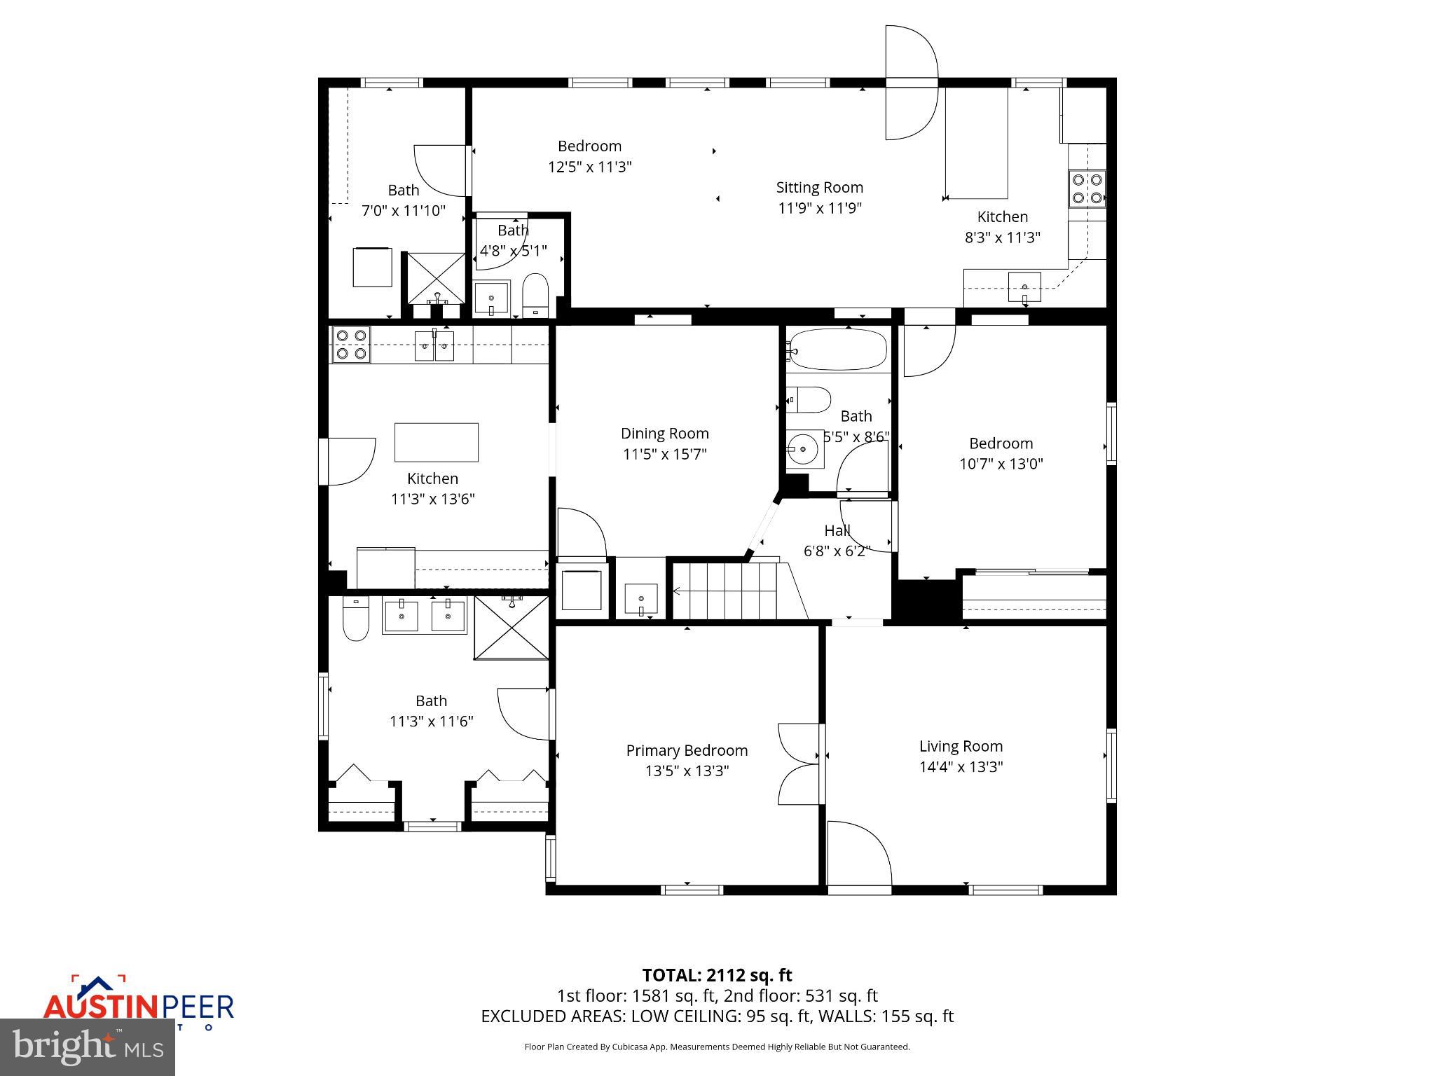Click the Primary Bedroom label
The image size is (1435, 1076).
[687, 750]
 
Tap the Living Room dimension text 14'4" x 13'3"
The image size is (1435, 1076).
[961, 766]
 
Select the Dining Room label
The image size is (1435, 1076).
[664, 433]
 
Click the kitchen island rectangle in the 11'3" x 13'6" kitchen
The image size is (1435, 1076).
[436, 442]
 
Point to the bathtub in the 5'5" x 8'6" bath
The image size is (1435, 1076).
[837, 349]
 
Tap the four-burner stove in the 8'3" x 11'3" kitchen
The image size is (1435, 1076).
[1086, 189]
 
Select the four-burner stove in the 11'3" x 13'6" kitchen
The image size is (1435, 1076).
[351, 344]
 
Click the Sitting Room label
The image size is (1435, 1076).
[819, 187]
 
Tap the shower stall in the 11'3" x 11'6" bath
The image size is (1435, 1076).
[512, 628]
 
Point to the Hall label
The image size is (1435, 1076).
[837, 530]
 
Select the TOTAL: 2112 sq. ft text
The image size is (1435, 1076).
[717, 974]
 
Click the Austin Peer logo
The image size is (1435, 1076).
[138, 1003]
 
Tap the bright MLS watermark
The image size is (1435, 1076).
[88, 1046]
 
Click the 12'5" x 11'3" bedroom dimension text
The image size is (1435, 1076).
[589, 167]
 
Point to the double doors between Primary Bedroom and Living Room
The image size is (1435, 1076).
[799, 764]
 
